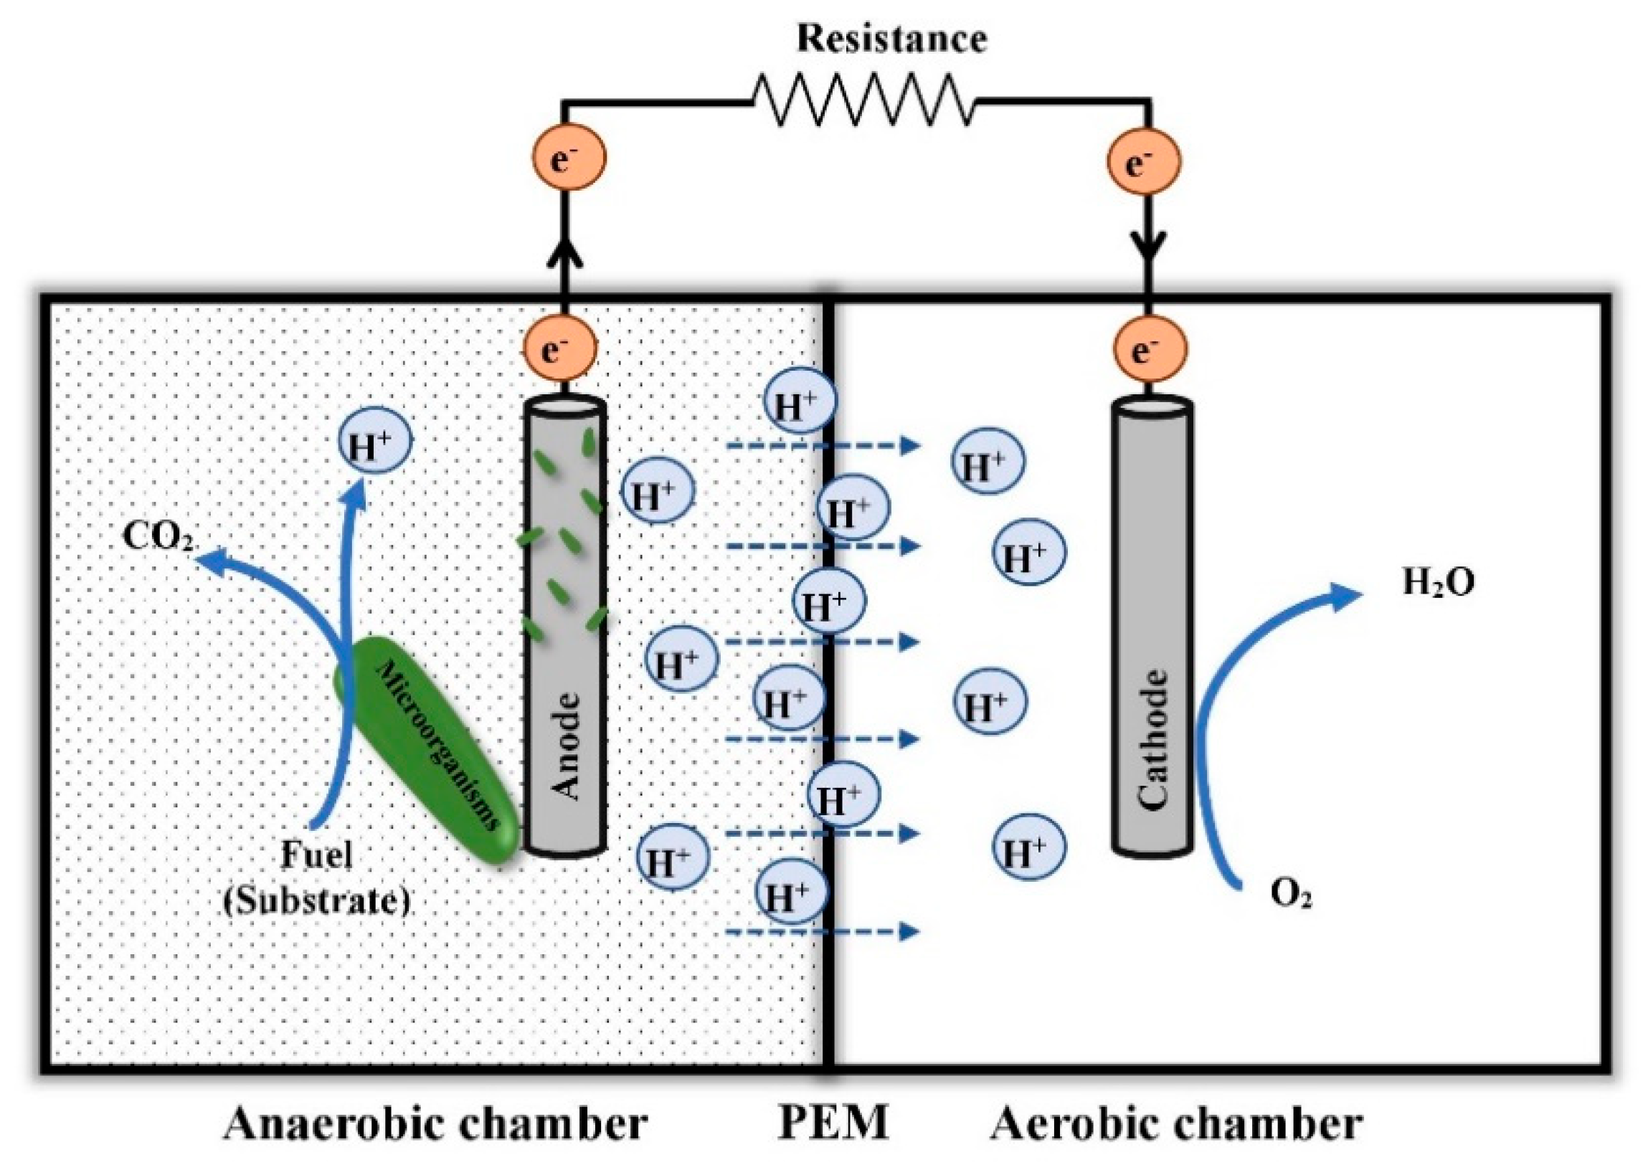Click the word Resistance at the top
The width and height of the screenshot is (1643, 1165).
coord(891,39)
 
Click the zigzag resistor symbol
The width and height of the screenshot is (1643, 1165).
coord(863,102)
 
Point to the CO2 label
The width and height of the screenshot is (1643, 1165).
coord(158,537)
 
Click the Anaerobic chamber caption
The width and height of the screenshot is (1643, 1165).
coord(435,1123)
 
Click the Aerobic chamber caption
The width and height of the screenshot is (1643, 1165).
coord(1177,1123)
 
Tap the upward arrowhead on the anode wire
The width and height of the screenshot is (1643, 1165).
coord(564,255)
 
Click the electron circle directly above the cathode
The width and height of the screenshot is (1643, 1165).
coord(1150,349)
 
